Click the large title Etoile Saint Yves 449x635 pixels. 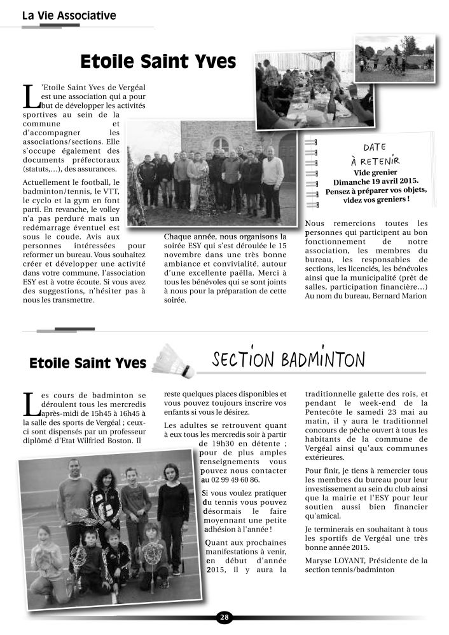pyautogui.click(x=158, y=62)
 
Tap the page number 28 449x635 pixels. pyautogui.click(x=224, y=617)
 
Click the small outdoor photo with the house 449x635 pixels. pyautogui.click(x=394, y=56)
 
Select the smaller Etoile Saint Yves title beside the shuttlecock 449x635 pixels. pyautogui.click(x=88, y=364)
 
